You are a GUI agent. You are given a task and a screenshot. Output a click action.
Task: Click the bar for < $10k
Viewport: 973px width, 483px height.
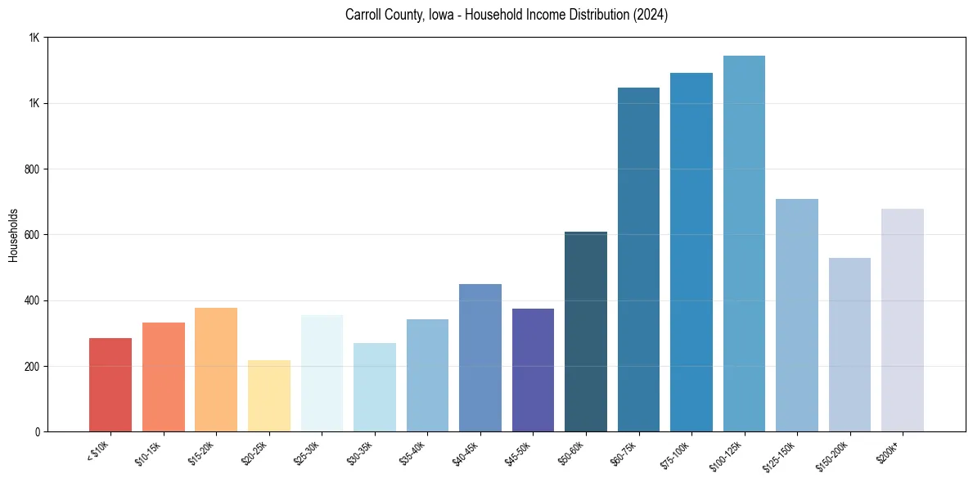click(110, 385)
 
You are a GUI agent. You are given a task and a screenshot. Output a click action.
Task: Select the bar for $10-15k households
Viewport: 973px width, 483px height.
click(163, 377)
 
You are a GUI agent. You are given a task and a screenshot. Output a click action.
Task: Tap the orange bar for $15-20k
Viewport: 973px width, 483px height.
click(216, 369)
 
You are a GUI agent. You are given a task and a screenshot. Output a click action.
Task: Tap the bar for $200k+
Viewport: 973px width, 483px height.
click(903, 320)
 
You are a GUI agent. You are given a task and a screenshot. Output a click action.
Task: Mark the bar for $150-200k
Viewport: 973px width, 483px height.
click(849, 345)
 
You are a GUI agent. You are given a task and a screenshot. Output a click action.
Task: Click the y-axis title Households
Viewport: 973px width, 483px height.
click(13, 235)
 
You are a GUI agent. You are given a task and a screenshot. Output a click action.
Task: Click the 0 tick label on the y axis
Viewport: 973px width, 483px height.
click(38, 431)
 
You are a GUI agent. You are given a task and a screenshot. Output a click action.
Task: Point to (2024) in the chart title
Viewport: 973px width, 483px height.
click(651, 16)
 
